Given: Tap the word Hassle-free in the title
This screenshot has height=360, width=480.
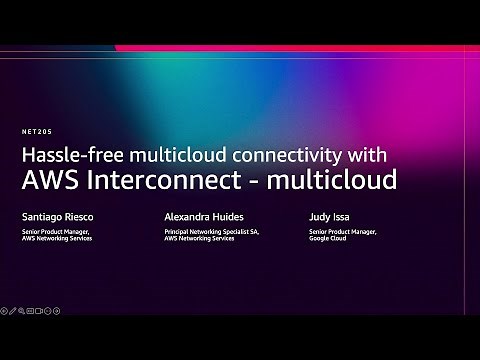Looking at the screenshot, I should pyautogui.click(x=63, y=156).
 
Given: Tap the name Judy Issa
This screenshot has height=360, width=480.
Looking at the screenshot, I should pyautogui.click(x=329, y=216).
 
